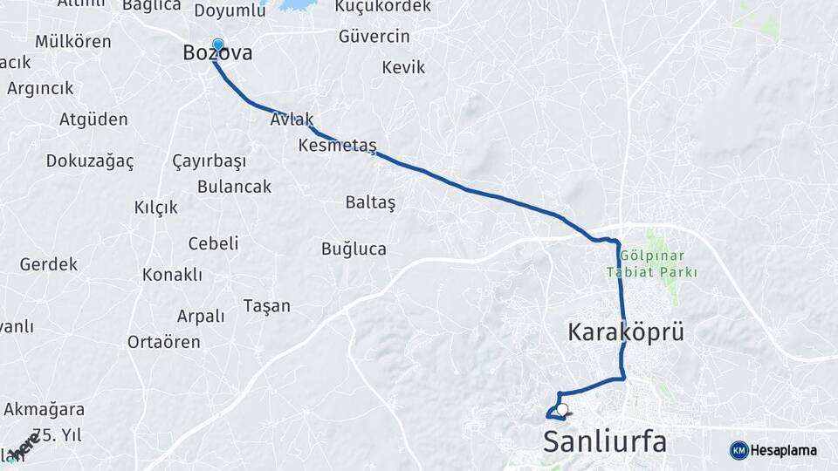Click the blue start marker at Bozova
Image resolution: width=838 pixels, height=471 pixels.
point(217,44)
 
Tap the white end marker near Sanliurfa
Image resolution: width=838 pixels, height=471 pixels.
point(562,409)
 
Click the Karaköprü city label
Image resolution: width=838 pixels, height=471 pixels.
point(625,332)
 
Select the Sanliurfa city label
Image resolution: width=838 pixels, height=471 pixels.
point(605,441)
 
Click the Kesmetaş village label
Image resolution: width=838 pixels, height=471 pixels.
point(337,145)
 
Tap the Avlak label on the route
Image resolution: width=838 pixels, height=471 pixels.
point(292,120)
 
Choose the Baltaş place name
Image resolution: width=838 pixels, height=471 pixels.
point(370,202)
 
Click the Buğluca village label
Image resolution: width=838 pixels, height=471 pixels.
point(354,249)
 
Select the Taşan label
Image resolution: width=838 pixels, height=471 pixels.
point(267,306)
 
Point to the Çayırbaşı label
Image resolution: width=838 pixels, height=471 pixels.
point(209,161)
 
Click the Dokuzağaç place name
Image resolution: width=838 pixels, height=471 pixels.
point(90,161)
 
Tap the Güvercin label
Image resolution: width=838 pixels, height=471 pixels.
point(374,37)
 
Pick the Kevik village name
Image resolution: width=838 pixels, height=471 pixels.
point(403,67)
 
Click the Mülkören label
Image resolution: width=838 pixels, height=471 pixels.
point(73,42)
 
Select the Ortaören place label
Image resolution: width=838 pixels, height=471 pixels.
point(164,342)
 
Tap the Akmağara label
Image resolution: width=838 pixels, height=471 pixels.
point(44,409)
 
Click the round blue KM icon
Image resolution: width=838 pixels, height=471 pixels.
point(738,450)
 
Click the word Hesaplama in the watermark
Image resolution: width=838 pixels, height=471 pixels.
point(783,451)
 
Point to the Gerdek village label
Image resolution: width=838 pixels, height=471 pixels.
point(49,263)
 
